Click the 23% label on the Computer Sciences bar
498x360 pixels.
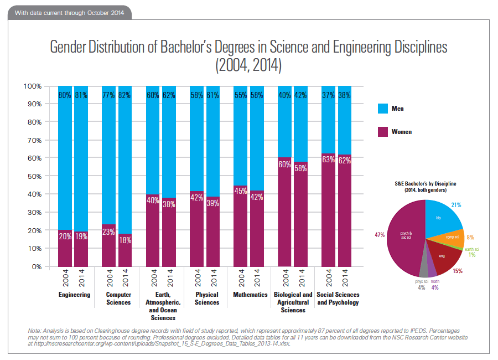(109, 233)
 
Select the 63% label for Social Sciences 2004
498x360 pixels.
(329, 161)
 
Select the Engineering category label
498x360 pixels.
(74, 295)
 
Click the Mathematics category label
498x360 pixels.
(250, 295)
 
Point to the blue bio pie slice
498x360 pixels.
(442, 219)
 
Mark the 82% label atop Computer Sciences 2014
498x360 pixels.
(125, 95)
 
